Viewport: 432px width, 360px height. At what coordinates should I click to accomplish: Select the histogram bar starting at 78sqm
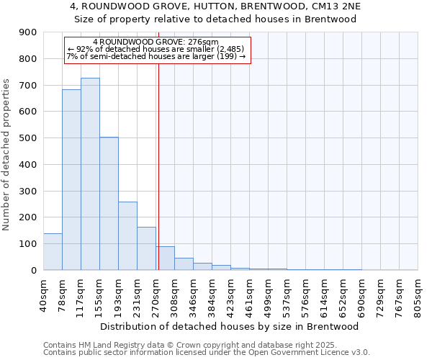pos(71,180)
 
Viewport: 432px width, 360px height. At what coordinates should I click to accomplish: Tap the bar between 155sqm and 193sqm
pos(109,204)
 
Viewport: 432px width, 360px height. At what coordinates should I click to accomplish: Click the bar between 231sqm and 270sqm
pos(146,248)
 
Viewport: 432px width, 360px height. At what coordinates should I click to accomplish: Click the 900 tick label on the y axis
pos(28,32)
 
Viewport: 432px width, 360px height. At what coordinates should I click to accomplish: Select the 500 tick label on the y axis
pos(28,138)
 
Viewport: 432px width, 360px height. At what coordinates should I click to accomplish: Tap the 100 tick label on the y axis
pos(28,244)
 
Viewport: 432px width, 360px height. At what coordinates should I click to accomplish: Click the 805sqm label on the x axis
pos(418,295)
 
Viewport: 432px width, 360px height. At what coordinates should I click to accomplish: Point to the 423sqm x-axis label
pos(230,295)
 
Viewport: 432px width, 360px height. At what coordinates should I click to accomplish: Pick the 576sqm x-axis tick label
pos(305,295)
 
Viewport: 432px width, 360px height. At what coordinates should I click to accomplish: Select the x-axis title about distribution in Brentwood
pos(230,326)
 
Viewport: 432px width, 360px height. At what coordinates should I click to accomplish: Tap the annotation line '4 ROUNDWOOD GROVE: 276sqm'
pos(156,42)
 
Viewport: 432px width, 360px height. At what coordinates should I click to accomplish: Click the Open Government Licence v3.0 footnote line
pos(207,352)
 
